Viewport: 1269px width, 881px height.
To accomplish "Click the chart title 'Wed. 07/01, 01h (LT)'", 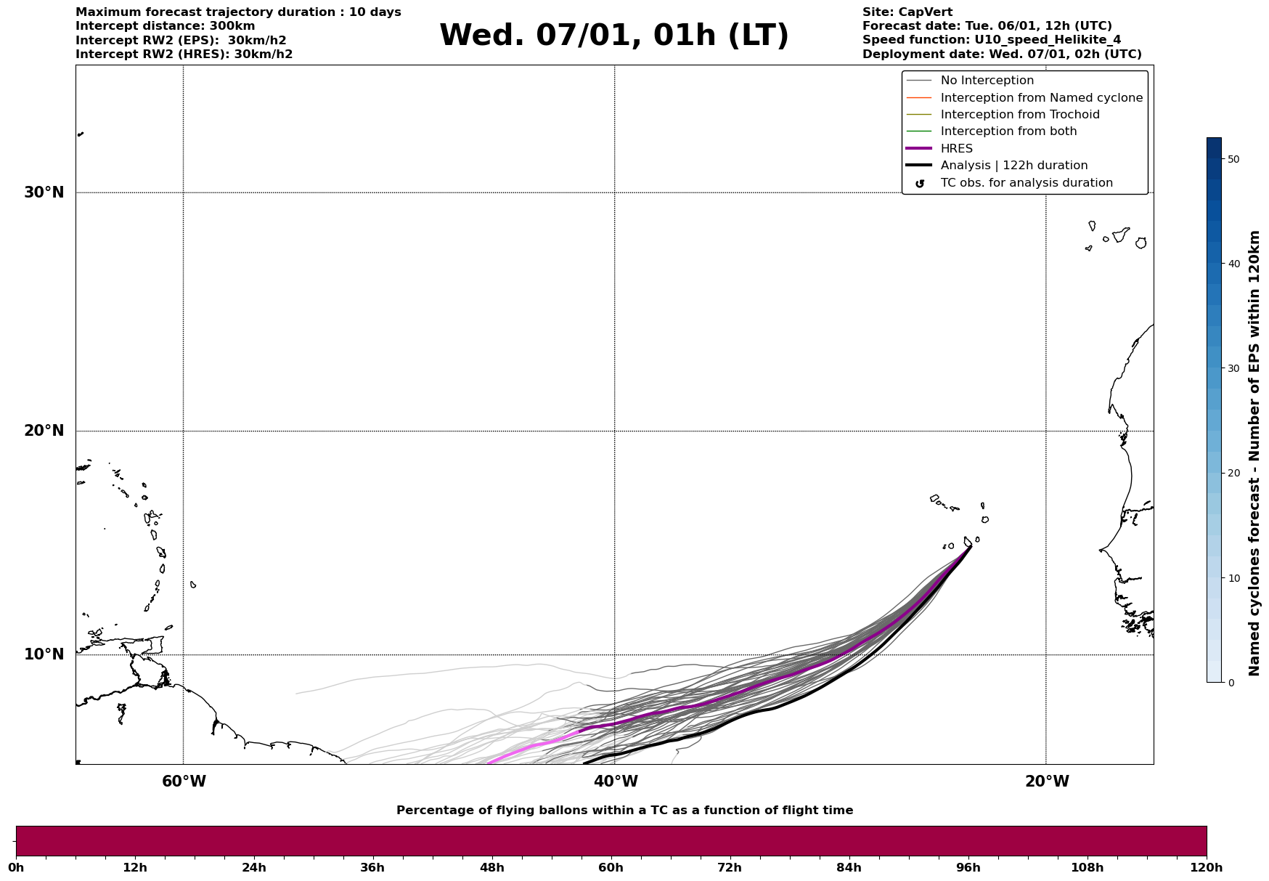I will coord(613,36).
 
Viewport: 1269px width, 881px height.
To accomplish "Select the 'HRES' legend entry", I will coord(956,149).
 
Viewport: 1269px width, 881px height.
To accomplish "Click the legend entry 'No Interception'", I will coord(987,81).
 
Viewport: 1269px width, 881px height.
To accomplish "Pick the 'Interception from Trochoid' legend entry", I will coord(1019,115).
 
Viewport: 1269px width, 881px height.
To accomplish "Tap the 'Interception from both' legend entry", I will coord(1008,131).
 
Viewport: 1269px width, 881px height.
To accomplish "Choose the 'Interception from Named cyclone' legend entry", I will coord(1041,98).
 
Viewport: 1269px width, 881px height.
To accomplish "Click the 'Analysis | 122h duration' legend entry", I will coord(1013,166).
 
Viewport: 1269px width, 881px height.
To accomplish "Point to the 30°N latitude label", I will coord(44,192).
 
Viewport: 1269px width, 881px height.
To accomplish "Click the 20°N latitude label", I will coord(44,431).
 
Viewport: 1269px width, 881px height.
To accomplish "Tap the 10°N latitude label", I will coord(44,654).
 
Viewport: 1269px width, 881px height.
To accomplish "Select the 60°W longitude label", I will coord(184,781).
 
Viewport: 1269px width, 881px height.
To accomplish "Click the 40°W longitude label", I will coord(616,781).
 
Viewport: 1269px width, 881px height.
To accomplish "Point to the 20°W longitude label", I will coord(1047,781).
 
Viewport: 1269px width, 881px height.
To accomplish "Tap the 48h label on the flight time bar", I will coord(491,867).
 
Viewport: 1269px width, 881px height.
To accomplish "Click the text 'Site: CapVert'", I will coord(907,12).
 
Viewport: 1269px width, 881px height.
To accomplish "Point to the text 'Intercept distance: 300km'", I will coord(165,26).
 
